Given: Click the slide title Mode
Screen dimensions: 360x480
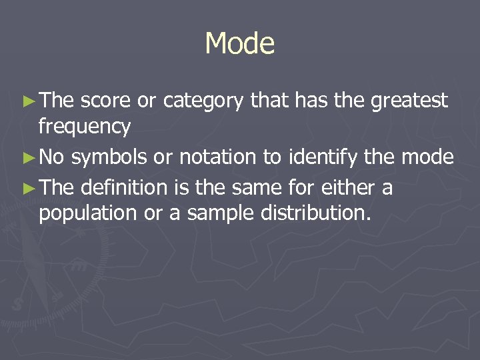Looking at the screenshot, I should pyautogui.click(x=240, y=44).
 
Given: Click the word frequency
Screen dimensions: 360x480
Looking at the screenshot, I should pyautogui.click(x=85, y=126).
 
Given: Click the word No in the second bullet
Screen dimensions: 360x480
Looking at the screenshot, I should pyautogui.click(x=52, y=157).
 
